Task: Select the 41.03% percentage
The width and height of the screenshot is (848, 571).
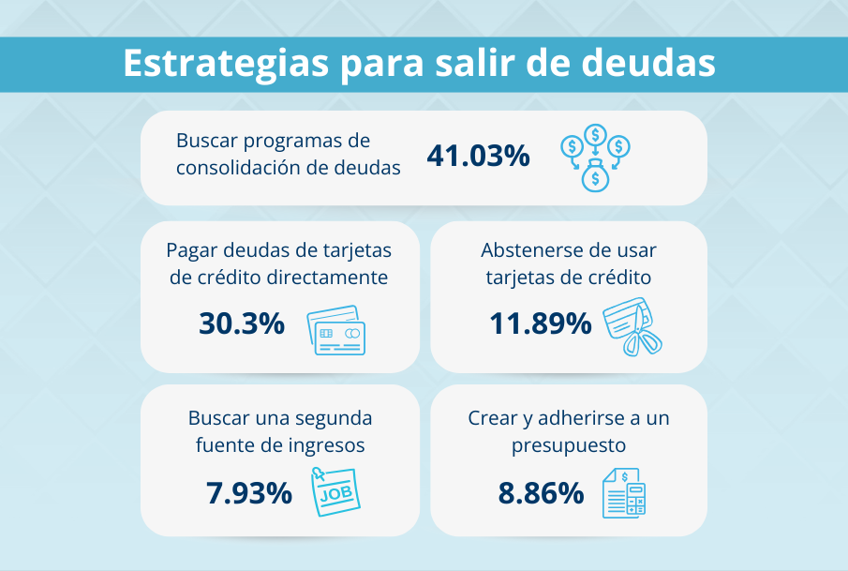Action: point(478,157)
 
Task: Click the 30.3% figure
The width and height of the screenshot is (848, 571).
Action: point(242,323)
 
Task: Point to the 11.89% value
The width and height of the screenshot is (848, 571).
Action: point(541,323)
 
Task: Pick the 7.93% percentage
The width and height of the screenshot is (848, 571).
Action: point(249,492)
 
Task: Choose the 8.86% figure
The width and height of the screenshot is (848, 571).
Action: point(542,492)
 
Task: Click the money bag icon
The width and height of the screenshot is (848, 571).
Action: point(595,176)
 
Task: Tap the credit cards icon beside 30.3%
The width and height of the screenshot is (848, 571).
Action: point(336,329)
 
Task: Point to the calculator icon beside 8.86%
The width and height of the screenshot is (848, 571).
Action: point(635,497)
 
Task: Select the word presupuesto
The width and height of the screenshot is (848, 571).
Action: point(569,445)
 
